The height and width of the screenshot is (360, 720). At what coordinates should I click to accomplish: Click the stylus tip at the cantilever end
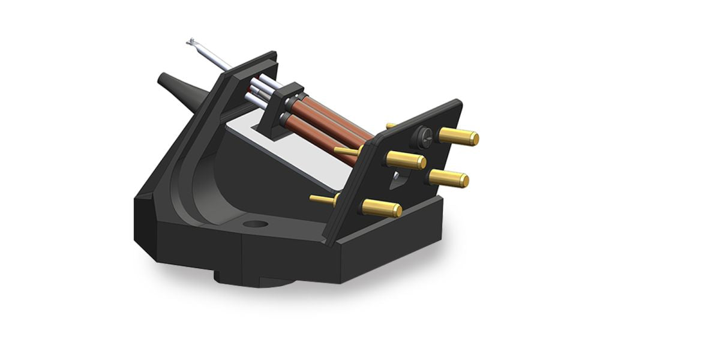coord(191,43)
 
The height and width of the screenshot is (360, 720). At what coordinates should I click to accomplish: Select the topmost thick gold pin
coord(458,136)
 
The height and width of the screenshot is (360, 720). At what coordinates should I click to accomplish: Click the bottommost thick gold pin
coord(382,208)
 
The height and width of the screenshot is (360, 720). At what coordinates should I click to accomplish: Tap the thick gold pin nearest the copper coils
coord(406,160)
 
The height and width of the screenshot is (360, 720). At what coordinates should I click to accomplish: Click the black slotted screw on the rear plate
coord(422,137)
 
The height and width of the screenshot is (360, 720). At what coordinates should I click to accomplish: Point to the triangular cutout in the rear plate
coord(398,178)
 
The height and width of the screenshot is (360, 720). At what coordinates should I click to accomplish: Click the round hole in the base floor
coord(256,224)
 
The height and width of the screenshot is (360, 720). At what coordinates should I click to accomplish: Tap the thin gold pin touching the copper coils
coord(347,151)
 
